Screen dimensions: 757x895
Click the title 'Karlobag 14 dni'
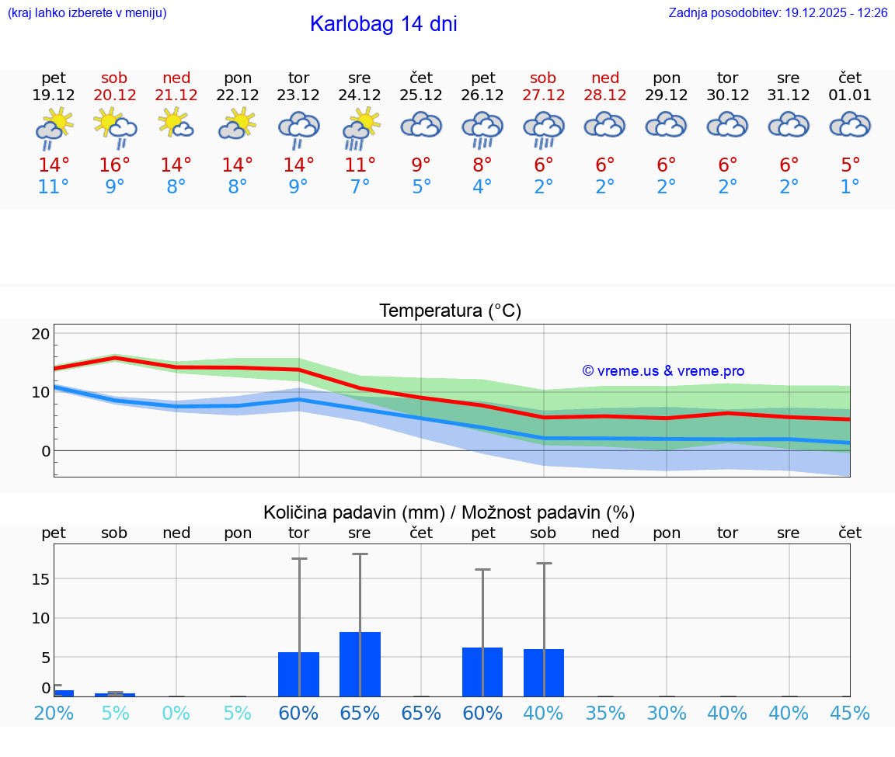coord(383,24)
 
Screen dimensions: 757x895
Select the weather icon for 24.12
coord(360,128)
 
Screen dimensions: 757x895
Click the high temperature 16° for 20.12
coord(114,165)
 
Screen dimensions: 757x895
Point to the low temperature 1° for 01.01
coord(850,187)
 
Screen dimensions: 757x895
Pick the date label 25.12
coord(421,95)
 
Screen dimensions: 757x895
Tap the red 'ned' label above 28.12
coord(605,78)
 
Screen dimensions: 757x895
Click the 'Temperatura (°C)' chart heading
coord(450,311)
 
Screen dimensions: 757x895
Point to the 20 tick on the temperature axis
coord(40,334)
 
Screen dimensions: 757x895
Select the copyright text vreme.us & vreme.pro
coord(663,371)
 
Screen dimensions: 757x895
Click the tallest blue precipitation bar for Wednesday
coord(360,664)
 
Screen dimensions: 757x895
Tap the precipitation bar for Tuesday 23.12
coord(299,674)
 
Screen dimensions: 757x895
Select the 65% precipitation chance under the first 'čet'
coord(421,714)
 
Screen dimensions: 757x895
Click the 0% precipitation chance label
coord(176,714)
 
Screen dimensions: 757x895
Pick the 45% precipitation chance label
coord(850,714)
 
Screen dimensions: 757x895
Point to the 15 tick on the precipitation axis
coord(40,579)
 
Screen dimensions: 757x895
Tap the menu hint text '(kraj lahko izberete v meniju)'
coord(87,13)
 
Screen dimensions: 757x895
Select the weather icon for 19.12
coord(54,128)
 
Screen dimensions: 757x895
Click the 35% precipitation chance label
coord(605,714)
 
